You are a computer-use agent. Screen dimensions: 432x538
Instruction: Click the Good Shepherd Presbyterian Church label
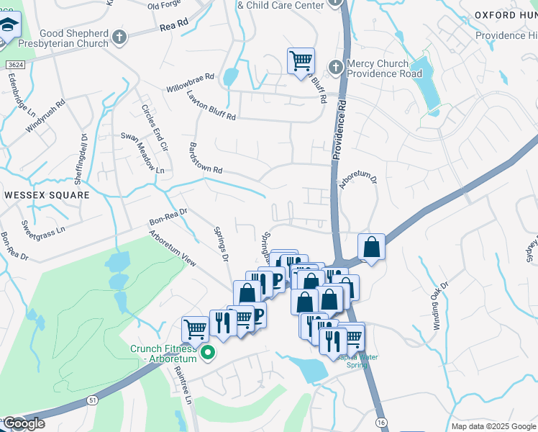coord(64,38)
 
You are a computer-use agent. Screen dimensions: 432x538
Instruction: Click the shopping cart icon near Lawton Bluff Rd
coord(301,60)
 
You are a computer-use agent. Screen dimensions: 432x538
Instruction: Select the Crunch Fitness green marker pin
coord(209,353)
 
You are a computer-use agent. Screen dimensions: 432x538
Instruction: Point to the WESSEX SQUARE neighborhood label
coord(47,195)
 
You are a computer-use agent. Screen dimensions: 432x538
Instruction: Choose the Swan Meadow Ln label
coord(142,153)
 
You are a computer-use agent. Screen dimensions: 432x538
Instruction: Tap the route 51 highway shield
coord(92,401)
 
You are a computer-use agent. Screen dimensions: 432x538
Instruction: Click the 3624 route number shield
coord(12,65)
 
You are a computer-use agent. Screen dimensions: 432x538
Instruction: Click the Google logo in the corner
coord(24,423)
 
